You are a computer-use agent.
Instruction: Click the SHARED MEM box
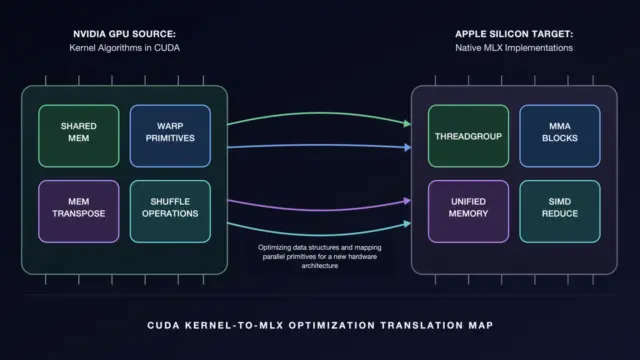(x=79, y=136)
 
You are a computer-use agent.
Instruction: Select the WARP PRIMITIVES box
(x=170, y=136)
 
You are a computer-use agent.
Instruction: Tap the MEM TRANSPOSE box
(x=79, y=211)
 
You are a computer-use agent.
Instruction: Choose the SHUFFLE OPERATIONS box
(x=170, y=211)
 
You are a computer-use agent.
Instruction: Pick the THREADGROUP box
(x=469, y=136)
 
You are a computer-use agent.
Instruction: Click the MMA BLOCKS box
(x=560, y=136)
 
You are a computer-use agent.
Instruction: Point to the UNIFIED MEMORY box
(x=469, y=211)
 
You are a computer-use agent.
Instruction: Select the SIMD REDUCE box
(x=560, y=211)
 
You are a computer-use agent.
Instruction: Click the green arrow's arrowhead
(x=407, y=123)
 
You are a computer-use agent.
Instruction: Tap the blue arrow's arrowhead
(x=407, y=147)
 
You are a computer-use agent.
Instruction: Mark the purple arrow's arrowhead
(x=407, y=201)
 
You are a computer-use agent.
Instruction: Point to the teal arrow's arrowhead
(x=407, y=224)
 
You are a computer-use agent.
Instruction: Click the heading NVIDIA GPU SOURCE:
(x=124, y=34)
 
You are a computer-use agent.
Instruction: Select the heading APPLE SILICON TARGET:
(x=514, y=34)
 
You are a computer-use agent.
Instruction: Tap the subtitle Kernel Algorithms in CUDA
(x=124, y=48)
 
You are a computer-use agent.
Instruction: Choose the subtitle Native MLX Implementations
(x=514, y=48)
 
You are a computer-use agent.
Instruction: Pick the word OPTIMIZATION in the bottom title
(x=332, y=325)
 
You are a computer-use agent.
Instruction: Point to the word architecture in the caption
(x=320, y=266)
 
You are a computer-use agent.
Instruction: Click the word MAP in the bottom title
(x=481, y=325)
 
